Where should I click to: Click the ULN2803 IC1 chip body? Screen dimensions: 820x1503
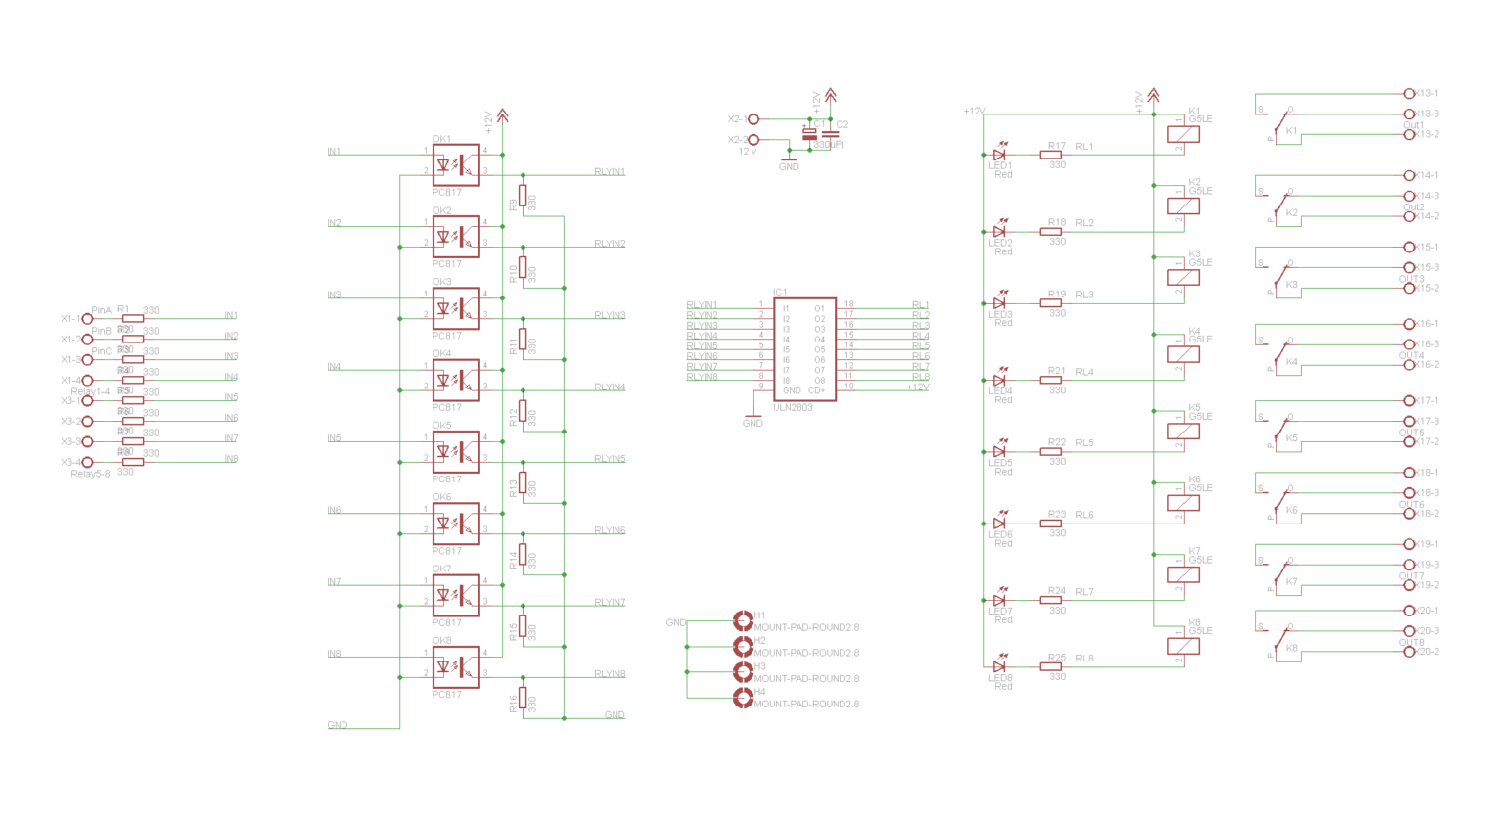pos(803,349)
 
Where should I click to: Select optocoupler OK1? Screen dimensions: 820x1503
pos(456,165)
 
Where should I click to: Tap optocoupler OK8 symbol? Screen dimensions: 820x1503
pos(456,667)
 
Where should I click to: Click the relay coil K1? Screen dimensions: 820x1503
pos(1183,134)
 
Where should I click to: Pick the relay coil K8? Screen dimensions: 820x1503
pos(1183,646)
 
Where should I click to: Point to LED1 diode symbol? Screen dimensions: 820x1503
pos(999,155)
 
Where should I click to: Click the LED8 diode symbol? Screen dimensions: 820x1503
pos(999,666)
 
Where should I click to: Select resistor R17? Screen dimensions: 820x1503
pos(1051,155)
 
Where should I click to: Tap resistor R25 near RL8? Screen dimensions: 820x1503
pos(1051,666)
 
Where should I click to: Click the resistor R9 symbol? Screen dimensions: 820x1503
pos(523,196)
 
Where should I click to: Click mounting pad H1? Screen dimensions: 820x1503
pos(743,620)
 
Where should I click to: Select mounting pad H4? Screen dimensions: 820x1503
pos(743,697)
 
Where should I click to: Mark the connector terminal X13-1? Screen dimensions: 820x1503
pos(1409,94)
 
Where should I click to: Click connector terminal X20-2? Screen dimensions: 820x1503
pos(1409,652)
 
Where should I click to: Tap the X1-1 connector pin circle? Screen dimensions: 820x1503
pos(87,319)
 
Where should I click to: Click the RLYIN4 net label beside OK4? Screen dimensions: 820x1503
pos(610,387)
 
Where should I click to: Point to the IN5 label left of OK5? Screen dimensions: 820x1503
pos(334,438)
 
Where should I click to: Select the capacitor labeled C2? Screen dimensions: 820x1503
pos(831,134)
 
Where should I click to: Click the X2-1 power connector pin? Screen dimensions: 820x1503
pos(753,119)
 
